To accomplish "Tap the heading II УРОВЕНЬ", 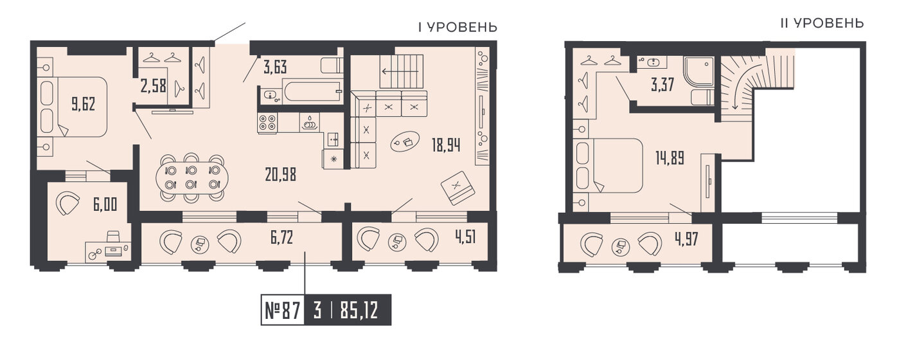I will pyautogui.click(x=821, y=24).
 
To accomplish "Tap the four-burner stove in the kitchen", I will pyautogui.click(x=267, y=123).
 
